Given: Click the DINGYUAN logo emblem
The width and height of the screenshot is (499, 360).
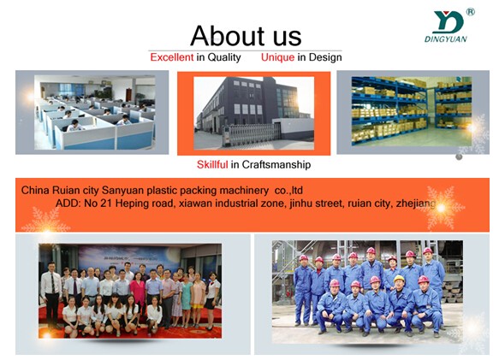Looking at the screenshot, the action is (449, 22).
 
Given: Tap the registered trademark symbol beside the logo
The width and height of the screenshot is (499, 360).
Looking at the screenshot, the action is (471, 12).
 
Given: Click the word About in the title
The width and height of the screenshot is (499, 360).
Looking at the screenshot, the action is (228, 36).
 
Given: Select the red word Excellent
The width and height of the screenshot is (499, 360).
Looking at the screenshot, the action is (172, 57).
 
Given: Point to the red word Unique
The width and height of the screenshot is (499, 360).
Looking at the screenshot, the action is (277, 57).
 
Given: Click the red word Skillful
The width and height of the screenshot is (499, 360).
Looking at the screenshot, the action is (212, 164).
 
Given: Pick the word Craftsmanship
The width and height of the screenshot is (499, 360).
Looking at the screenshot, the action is (276, 165).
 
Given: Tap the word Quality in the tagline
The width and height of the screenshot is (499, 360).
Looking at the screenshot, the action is (224, 57).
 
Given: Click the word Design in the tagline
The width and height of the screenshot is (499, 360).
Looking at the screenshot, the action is (325, 57).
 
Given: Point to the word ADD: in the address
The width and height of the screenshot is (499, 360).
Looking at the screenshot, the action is (68, 203).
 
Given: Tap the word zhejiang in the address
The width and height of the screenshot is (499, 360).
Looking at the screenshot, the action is (416, 204).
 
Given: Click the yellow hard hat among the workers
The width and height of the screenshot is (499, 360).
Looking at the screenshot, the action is (399, 279).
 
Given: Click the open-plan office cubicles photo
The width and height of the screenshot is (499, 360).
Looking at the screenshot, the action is (94, 112).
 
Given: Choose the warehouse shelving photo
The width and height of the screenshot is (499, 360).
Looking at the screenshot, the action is (412, 111).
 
